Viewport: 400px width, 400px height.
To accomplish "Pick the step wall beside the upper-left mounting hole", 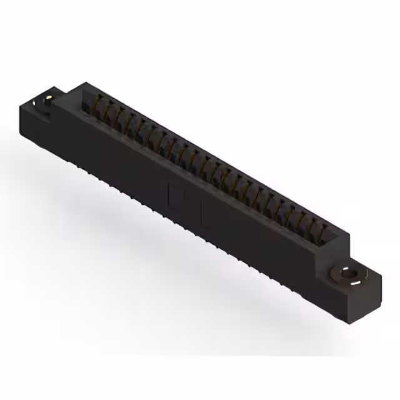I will [x=62, y=100].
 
